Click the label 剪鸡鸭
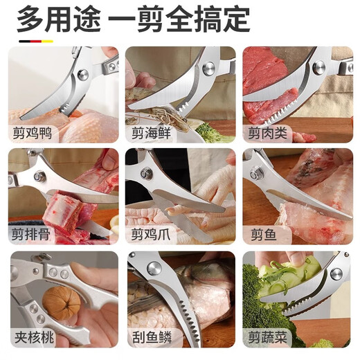(31, 132)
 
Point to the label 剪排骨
(31, 234)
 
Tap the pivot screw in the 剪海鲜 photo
(208, 69)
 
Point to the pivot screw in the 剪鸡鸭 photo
(83, 74)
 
